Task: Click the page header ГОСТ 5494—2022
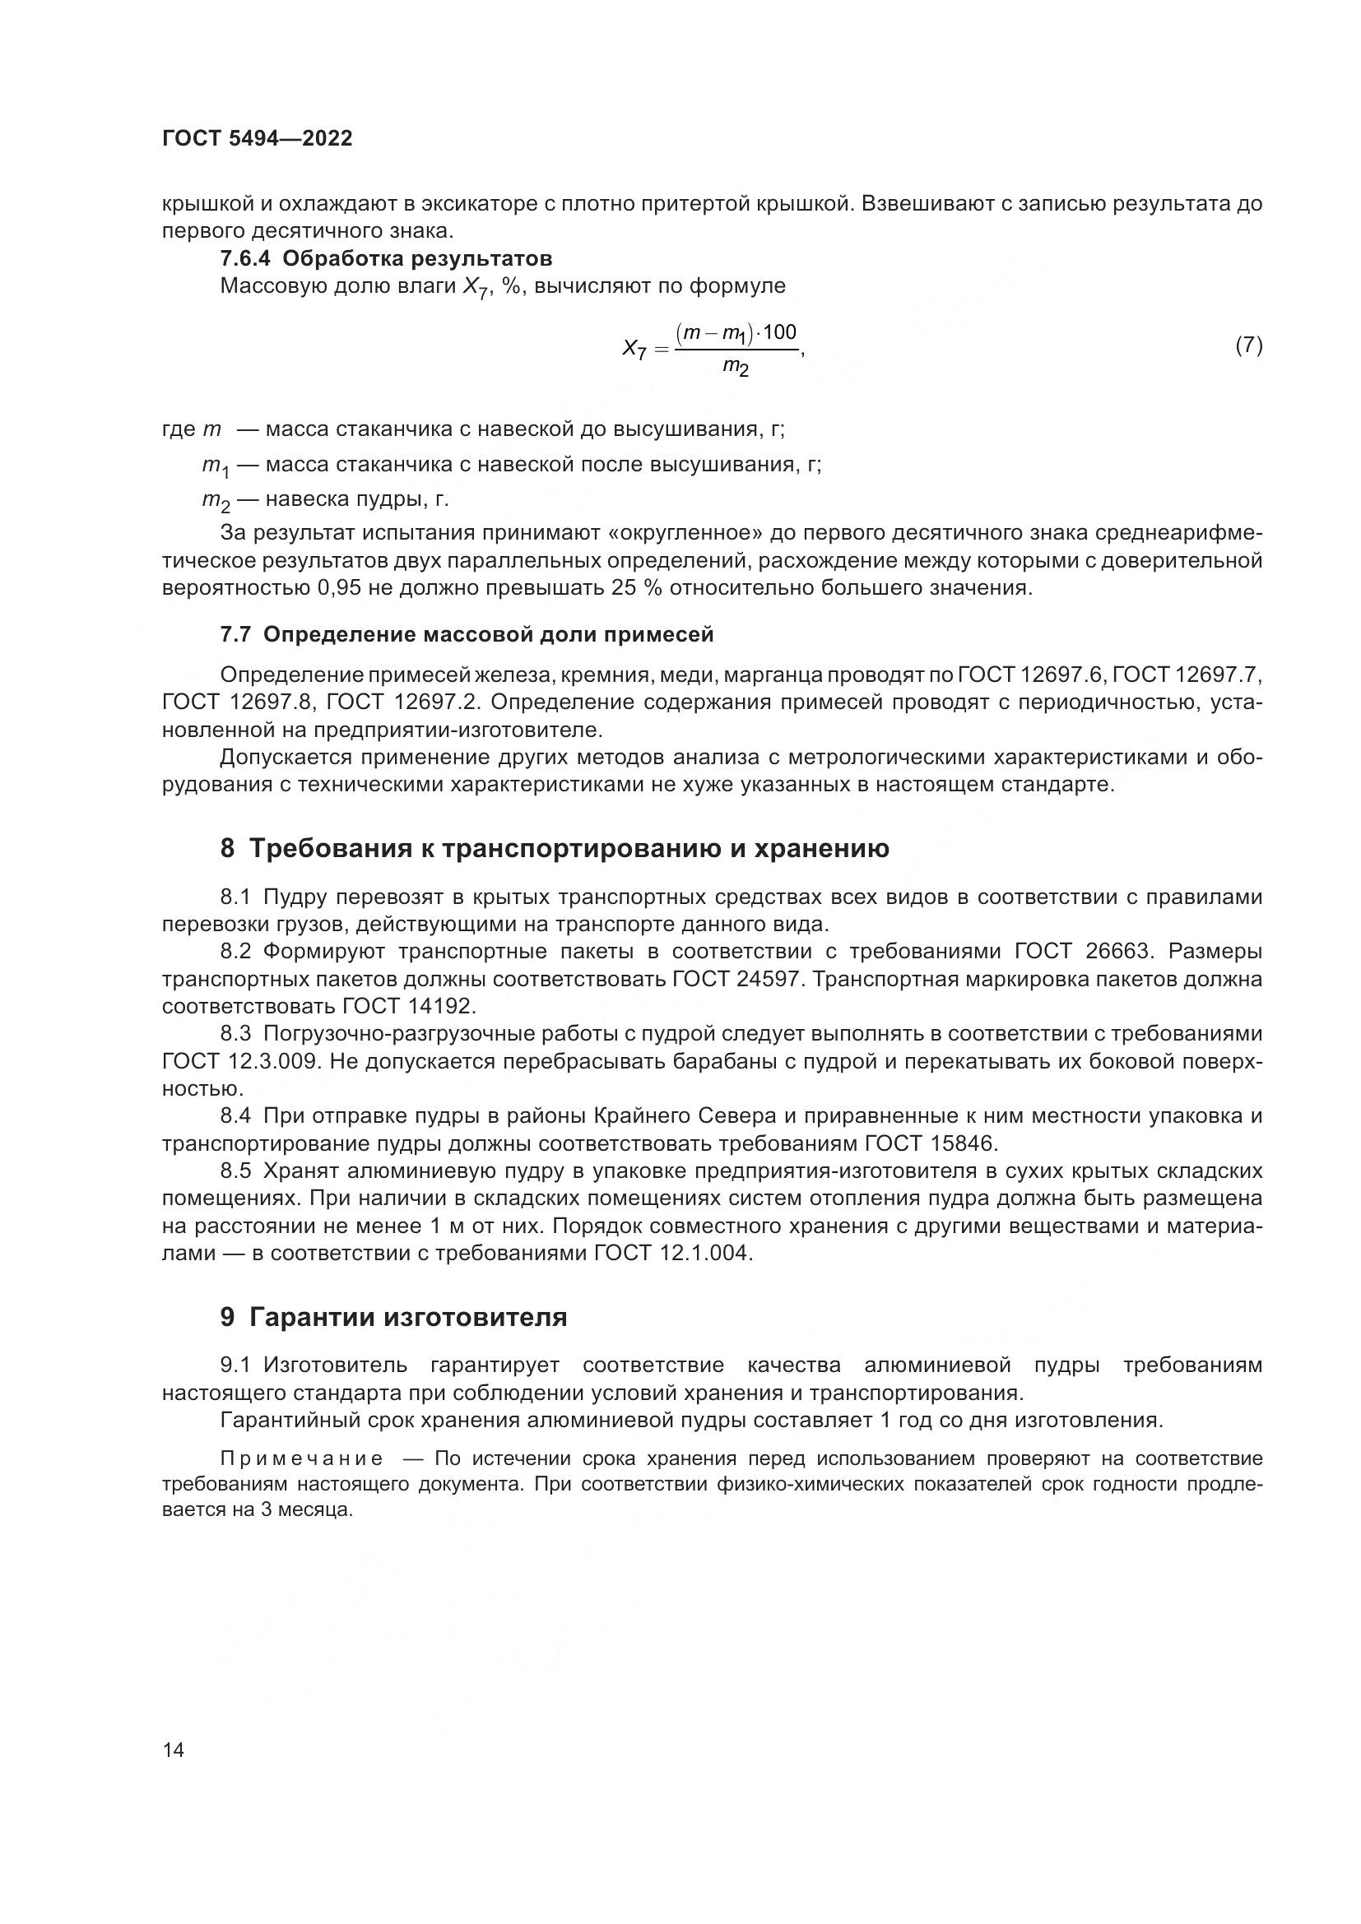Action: [x=257, y=139]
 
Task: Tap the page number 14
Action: [x=174, y=1750]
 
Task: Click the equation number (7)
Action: [x=1249, y=345]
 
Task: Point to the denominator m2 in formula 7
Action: [x=736, y=366]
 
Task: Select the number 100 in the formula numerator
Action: [x=779, y=331]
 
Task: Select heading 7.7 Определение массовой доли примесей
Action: [x=467, y=634]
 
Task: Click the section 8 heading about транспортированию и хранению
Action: [x=554, y=848]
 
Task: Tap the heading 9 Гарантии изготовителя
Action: [x=393, y=1316]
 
